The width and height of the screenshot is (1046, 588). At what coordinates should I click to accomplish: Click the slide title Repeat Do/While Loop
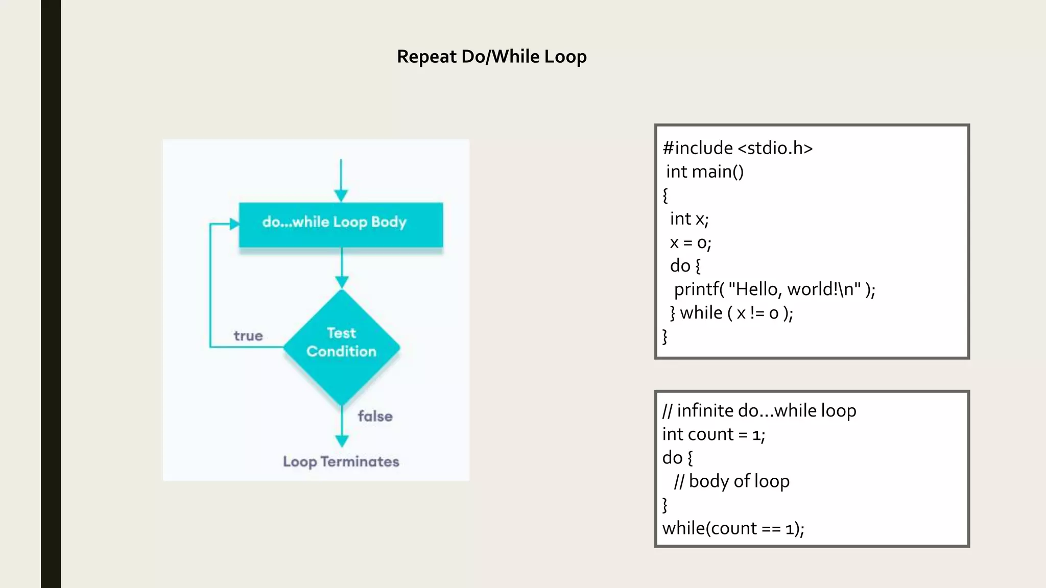tap(491, 56)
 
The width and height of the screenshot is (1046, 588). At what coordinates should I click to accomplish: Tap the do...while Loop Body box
tap(341, 224)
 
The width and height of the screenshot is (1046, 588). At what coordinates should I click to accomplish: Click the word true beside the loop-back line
tap(248, 336)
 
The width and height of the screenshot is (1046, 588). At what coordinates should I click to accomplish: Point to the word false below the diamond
tap(375, 416)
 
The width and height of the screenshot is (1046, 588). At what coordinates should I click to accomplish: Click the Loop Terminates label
tap(341, 461)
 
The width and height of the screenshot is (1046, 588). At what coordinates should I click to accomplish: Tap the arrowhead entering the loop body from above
tap(341, 195)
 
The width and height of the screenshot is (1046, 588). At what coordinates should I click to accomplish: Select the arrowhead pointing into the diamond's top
tap(342, 282)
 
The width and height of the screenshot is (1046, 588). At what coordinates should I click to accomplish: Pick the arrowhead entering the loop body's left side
tap(234, 224)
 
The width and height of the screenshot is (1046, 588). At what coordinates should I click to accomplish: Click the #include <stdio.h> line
tap(737, 148)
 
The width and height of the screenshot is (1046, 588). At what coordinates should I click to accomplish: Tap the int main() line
tap(704, 171)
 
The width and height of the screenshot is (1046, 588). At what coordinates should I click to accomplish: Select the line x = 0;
tap(690, 242)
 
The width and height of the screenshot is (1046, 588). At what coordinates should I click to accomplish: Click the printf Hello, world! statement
tap(774, 289)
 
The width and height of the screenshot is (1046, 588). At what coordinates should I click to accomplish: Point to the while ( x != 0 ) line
tap(731, 313)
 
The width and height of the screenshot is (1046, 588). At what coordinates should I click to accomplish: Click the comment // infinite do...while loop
tap(759, 410)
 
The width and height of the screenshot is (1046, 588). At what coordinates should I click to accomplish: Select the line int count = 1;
tap(714, 434)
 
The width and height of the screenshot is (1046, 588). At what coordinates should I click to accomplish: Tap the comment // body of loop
tap(731, 481)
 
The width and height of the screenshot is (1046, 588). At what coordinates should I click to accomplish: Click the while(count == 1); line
tap(733, 528)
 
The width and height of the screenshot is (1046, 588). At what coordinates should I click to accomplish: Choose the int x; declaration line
tap(689, 219)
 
